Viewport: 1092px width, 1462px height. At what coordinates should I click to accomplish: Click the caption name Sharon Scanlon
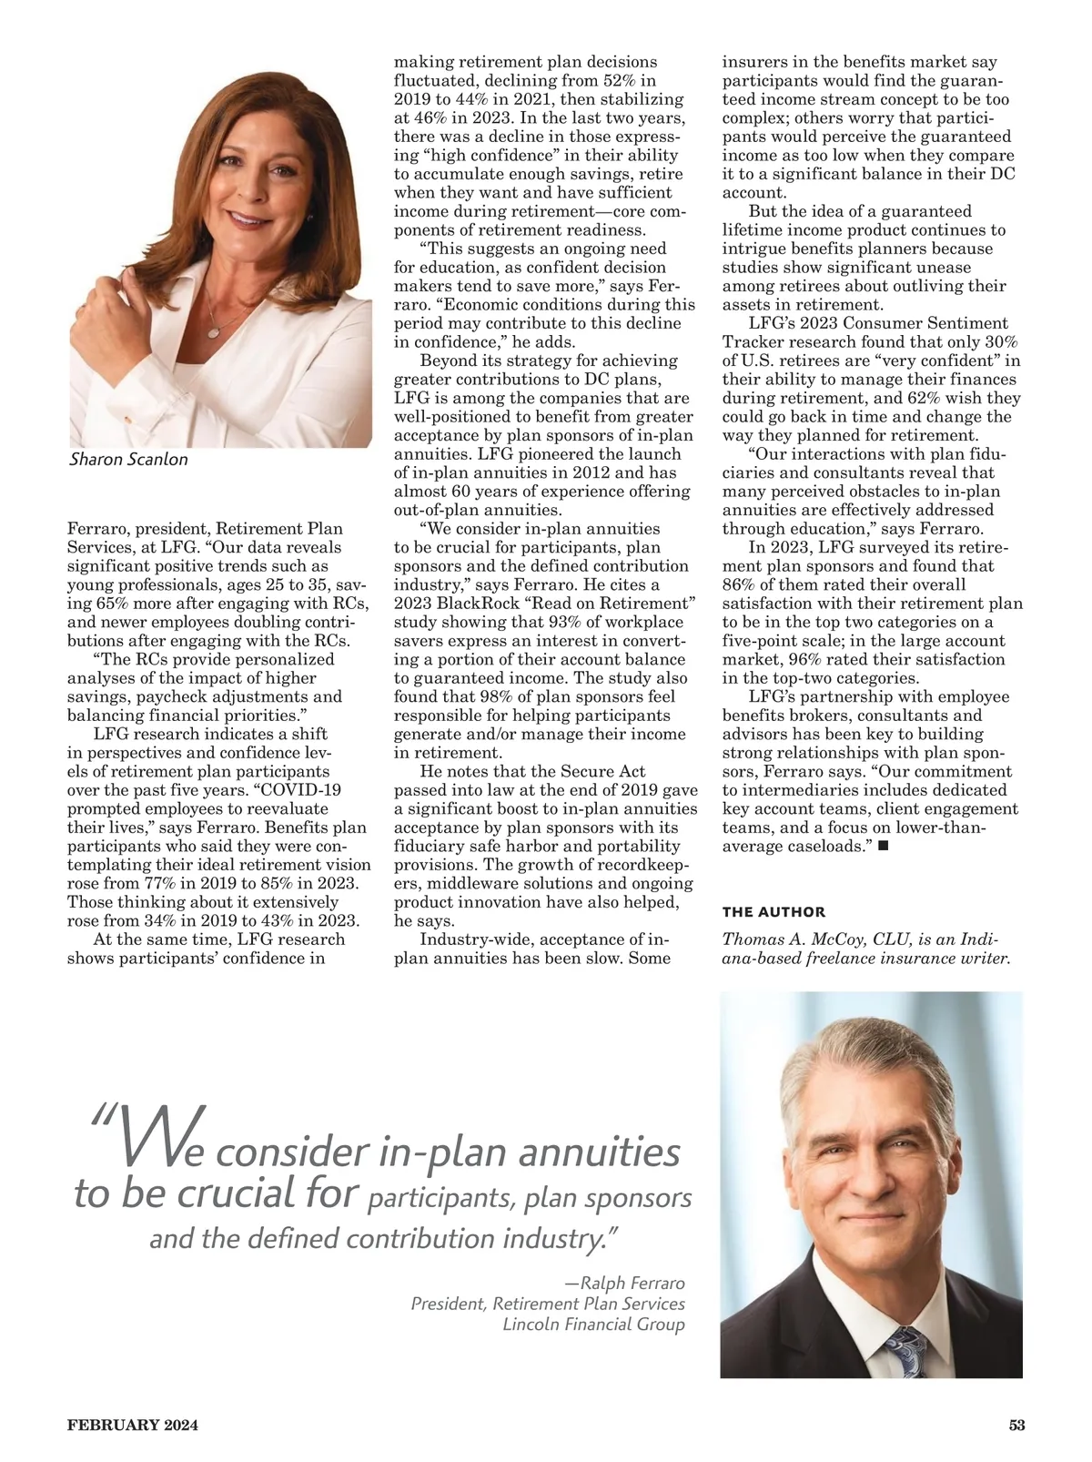[128, 459]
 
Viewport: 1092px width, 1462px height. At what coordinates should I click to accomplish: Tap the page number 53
[1016, 1426]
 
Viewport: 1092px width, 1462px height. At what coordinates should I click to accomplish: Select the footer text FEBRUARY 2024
[133, 1426]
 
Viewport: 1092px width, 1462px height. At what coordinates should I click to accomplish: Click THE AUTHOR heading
[773, 912]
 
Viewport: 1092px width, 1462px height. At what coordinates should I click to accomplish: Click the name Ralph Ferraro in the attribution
[632, 1283]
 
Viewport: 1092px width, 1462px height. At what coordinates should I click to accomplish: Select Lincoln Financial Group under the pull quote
[593, 1325]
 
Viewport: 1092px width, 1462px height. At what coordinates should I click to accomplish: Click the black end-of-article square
[883, 847]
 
